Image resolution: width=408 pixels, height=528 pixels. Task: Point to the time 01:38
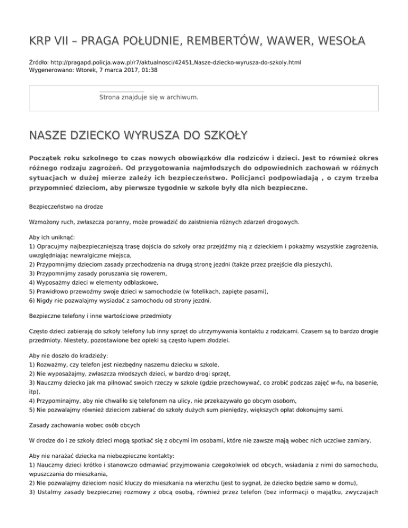[x=149, y=70]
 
